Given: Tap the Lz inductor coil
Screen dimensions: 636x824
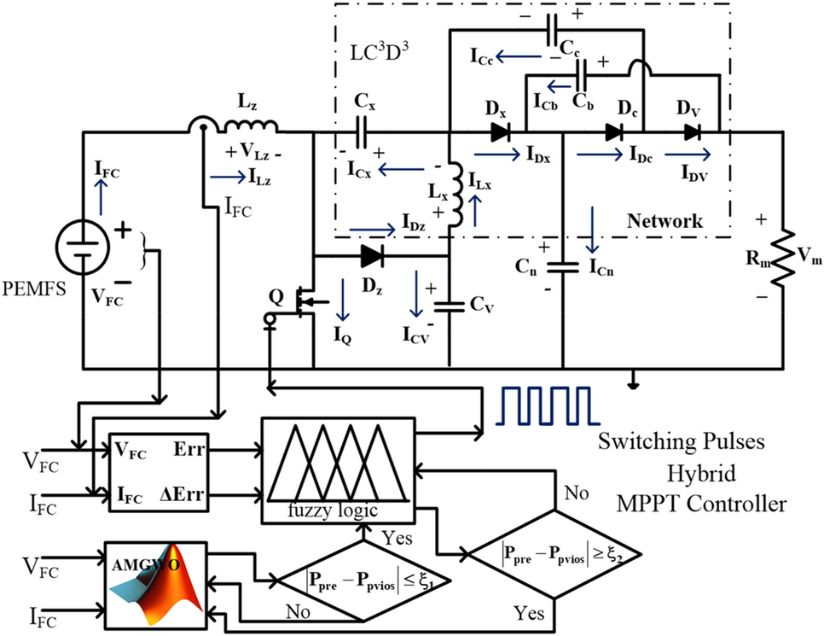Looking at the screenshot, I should coord(248,127).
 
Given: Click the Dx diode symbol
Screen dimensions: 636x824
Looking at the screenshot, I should coord(502,132).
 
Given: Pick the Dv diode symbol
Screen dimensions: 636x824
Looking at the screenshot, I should coord(693,132).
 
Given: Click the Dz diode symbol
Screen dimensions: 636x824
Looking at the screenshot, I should coord(371,254).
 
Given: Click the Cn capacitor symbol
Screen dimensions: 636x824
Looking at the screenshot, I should coord(563,266).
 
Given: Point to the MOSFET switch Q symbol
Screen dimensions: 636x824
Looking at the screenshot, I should coord(301,300).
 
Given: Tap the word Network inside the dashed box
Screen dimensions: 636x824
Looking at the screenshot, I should coord(664,221).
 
